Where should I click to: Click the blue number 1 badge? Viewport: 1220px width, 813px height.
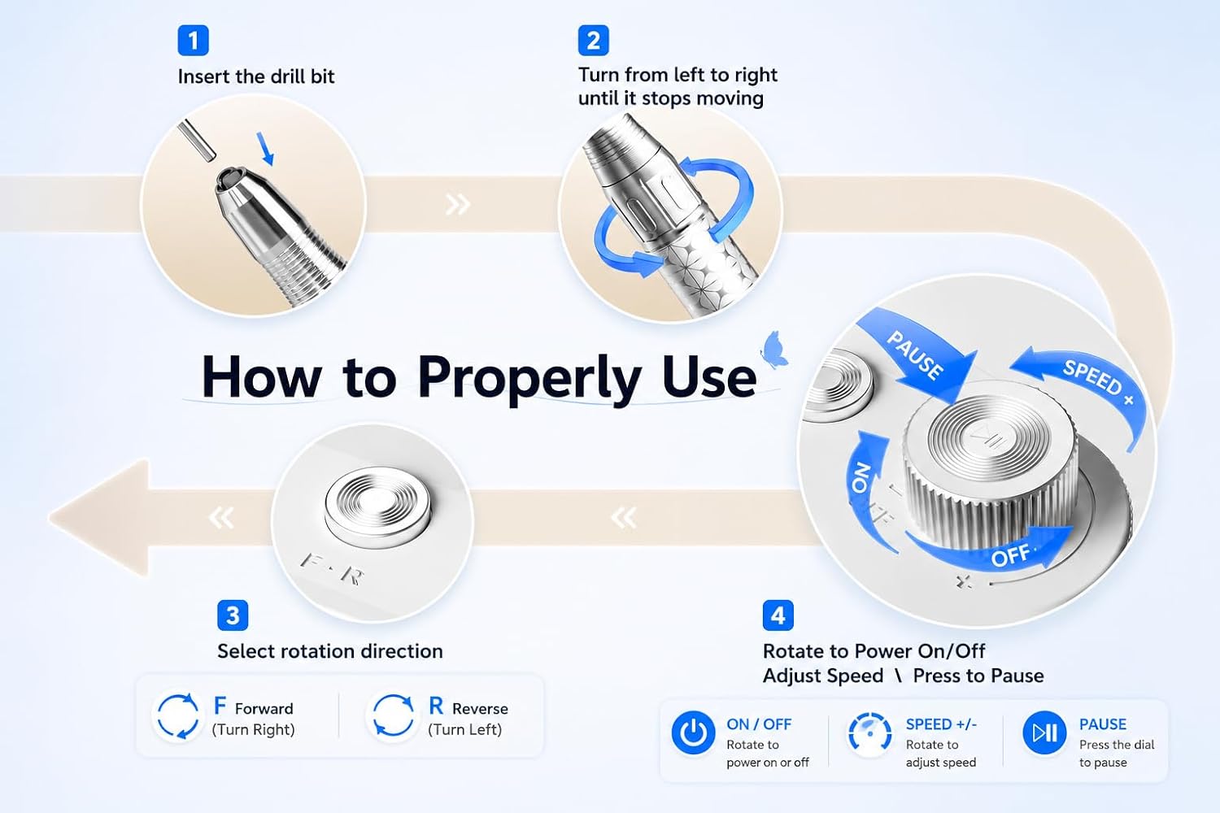click(x=194, y=41)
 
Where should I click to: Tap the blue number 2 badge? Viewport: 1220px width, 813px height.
click(x=593, y=41)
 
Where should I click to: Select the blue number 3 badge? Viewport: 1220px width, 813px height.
click(x=233, y=615)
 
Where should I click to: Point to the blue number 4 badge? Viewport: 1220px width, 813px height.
click(x=778, y=615)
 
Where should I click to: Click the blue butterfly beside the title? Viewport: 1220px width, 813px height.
click(x=774, y=349)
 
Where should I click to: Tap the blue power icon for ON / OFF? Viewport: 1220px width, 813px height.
click(x=693, y=733)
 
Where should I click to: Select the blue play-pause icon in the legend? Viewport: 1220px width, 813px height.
click(x=1044, y=733)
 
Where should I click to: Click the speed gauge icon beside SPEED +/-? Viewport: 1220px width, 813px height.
click(x=869, y=733)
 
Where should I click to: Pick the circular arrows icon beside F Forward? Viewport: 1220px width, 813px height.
click(x=178, y=716)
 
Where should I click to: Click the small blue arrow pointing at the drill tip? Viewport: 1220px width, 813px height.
click(x=265, y=148)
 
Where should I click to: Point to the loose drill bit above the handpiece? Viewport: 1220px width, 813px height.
click(x=197, y=140)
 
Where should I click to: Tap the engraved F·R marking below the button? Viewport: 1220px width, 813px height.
click(x=332, y=568)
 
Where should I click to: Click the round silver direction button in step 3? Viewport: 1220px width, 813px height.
click(x=377, y=506)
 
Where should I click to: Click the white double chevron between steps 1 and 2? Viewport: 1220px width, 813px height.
click(x=457, y=205)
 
